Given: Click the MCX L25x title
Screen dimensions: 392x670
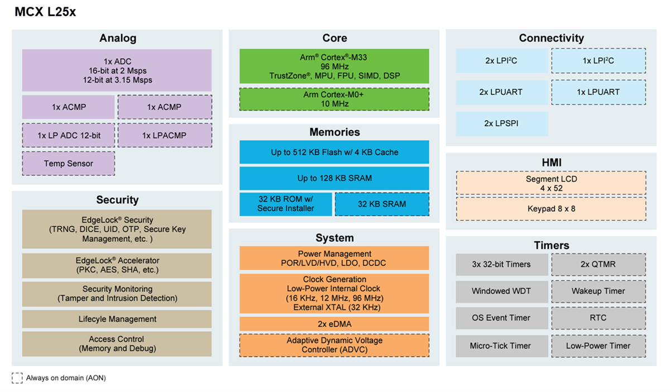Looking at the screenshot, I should click(45, 12).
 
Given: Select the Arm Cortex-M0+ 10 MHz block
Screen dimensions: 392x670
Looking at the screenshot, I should click(334, 99).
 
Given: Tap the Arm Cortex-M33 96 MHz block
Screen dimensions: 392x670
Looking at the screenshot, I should click(334, 66).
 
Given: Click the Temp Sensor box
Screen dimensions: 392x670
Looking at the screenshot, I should click(69, 164).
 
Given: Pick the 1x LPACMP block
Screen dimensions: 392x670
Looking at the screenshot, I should click(164, 135).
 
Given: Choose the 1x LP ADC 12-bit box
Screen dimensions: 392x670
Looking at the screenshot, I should click(69, 135).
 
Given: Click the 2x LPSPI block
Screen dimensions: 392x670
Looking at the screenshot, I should click(501, 123).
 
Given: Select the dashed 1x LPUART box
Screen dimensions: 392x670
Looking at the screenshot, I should click(598, 92).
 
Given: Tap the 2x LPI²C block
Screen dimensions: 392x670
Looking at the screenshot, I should click(501, 61).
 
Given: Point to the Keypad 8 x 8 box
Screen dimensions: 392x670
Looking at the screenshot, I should click(551, 208).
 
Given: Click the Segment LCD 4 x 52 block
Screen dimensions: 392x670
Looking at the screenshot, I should click(551, 183).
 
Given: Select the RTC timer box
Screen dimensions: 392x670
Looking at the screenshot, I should click(598, 318).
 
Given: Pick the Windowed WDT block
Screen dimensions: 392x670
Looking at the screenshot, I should click(501, 291).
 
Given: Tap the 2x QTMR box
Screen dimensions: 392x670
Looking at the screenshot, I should click(598, 264).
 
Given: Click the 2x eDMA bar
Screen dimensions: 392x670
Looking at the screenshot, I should click(334, 324).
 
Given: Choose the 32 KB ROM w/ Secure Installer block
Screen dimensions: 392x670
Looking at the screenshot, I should click(286, 204).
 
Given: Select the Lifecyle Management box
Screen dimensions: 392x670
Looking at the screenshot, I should click(117, 319).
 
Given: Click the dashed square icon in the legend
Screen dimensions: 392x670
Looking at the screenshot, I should click(17, 378).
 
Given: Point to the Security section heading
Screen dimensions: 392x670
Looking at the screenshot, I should click(117, 200).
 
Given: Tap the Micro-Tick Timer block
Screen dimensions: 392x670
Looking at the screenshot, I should click(501, 346).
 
